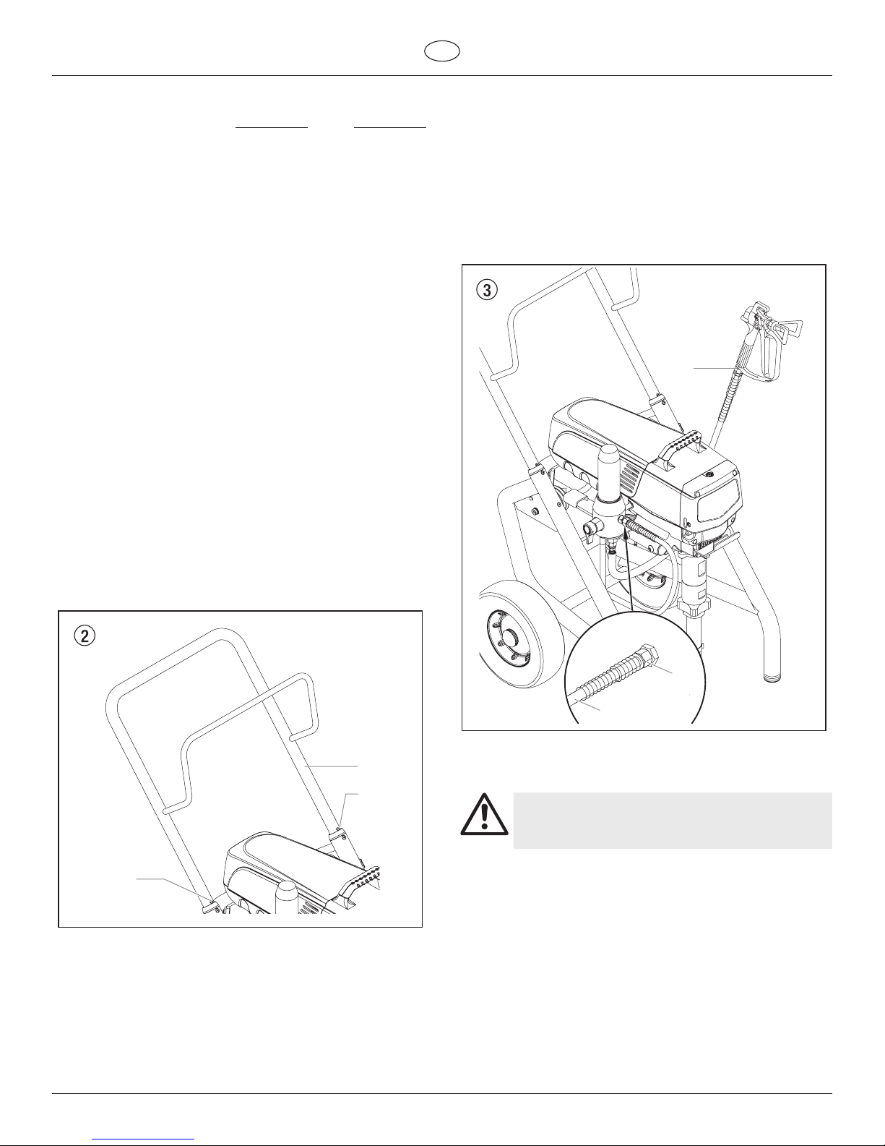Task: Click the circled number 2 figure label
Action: [85, 636]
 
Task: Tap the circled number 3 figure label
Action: [487, 290]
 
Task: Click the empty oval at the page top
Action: [442, 51]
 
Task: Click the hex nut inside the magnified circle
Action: [649, 655]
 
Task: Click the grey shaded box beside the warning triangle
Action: [673, 820]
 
